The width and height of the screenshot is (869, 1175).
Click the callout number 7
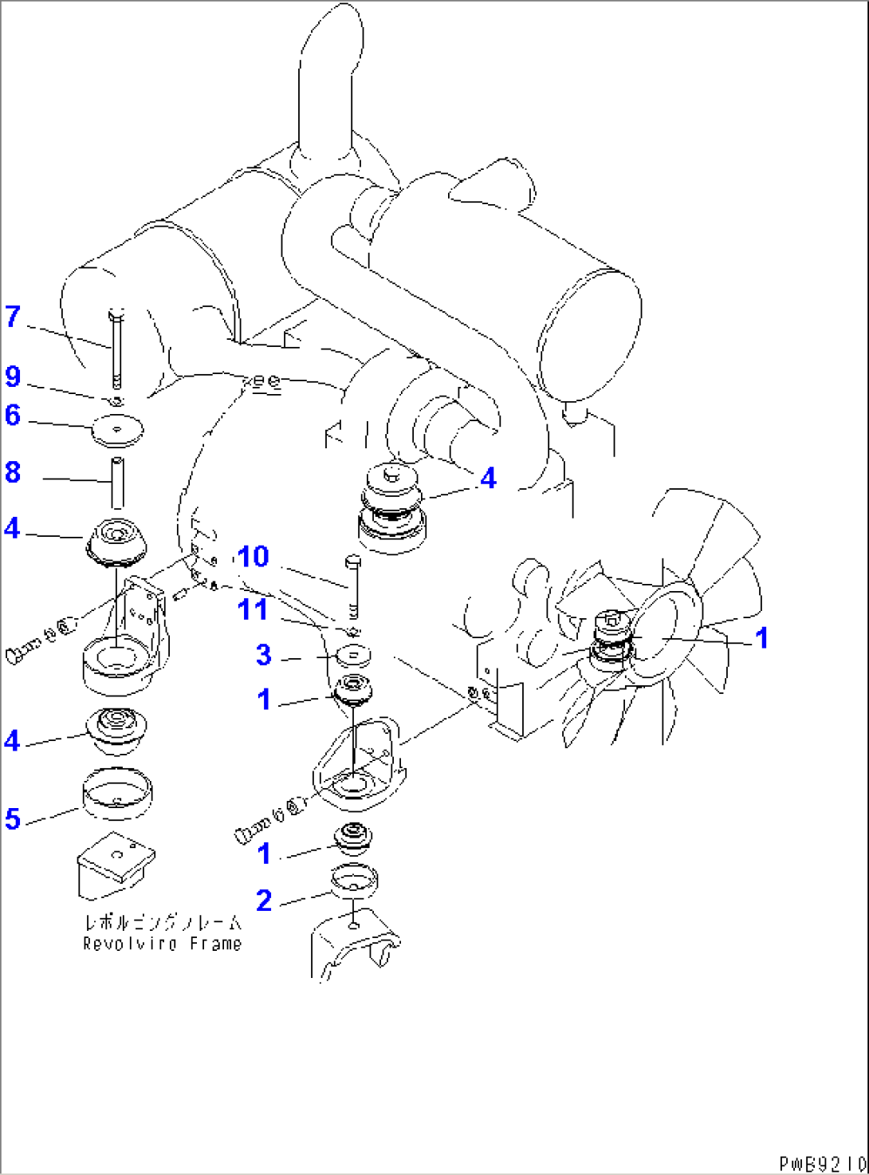(13, 317)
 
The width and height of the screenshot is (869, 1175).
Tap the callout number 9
(13, 376)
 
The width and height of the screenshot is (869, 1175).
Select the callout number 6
(13, 415)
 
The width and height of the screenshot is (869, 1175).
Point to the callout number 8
(13, 471)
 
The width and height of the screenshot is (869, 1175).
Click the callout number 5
(13, 818)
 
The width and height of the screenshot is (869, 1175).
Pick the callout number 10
(254, 556)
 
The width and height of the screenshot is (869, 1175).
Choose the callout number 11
(253, 609)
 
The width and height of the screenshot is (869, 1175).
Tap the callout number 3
(264, 655)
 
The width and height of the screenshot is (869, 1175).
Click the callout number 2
(264, 901)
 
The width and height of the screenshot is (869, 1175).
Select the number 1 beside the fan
(762, 637)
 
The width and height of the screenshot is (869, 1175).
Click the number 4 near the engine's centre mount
(488, 478)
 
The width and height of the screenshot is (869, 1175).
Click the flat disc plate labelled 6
(117, 431)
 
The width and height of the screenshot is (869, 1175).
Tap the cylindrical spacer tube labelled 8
(117, 482)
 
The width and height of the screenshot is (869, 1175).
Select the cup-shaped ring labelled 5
(117, 793)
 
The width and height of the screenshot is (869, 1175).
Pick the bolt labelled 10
(353, 586)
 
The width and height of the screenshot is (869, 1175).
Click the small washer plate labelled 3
(352, 656)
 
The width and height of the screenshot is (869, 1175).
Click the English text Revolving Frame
(162, 944)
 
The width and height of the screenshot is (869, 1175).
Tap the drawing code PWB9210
(822, 1164)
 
